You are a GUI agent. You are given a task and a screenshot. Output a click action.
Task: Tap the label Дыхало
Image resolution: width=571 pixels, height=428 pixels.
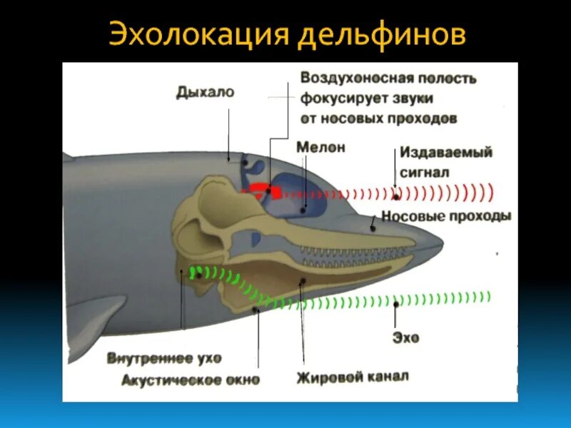pos(205,93)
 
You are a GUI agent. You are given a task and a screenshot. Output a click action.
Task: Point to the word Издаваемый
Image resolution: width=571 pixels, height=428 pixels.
pos(445,153)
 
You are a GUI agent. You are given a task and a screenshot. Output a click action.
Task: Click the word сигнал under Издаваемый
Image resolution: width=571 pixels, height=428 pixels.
pos(424,172)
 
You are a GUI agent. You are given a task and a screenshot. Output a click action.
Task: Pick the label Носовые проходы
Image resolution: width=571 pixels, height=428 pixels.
pos(446,216)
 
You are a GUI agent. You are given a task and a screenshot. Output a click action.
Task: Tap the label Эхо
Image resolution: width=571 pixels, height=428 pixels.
pos(405,337)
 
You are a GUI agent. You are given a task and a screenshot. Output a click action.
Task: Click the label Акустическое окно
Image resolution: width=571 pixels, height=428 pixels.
pos(191,379)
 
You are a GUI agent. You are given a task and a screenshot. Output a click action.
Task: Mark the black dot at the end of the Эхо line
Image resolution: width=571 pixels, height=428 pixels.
pos(396,305)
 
